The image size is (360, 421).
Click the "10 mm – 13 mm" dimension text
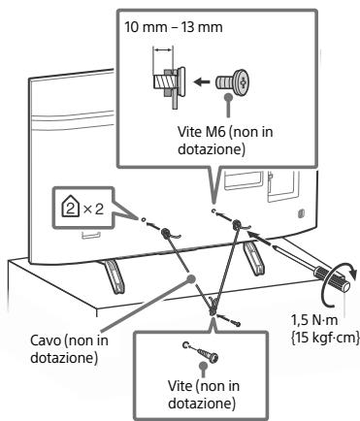click(174, 27)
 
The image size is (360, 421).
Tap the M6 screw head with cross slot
click(243, 81)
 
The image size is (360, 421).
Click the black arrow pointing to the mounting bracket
click(202, 81)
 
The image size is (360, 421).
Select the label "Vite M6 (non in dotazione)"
click(225, 141)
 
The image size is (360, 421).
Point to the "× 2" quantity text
click(94, 209)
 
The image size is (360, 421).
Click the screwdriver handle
click(333, 277)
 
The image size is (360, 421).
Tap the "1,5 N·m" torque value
click(314, 320)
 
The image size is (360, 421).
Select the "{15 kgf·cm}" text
click(325, 338)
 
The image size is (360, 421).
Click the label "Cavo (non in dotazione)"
click(69, 349)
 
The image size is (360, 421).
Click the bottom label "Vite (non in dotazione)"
click(204, 395)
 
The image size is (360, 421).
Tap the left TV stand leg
click(114, 275)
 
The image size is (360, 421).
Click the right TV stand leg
click(253, 257)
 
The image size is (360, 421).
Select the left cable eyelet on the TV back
click(166, 232)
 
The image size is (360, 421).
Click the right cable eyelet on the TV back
click(237, 224)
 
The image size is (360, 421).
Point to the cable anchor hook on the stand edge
click(212, 308)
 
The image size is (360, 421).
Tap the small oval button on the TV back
click(300, 212)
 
